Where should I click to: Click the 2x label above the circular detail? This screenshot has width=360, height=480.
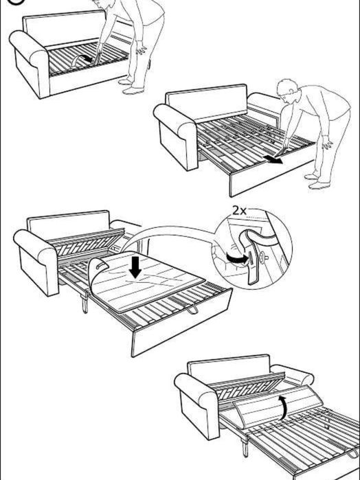pos(240,211)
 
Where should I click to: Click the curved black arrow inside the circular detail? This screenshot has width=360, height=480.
pos(231,258)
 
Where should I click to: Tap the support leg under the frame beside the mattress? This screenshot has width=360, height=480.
pos(85,302)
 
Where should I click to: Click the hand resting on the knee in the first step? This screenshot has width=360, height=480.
pos(142,50)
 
